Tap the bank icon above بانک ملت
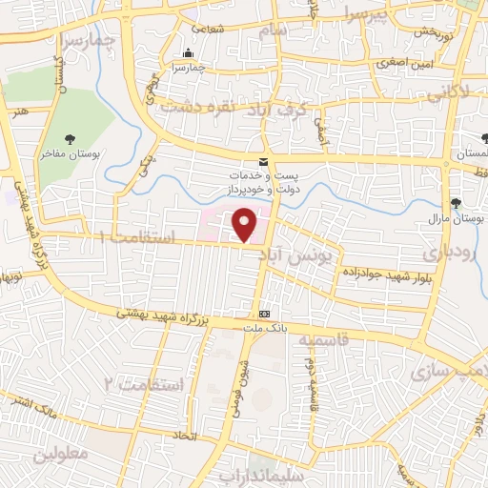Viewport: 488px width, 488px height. pos(263,314)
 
